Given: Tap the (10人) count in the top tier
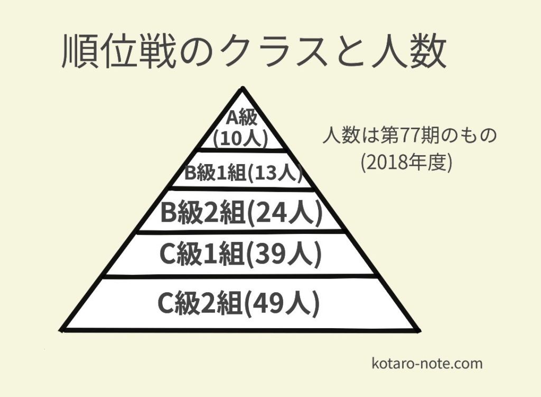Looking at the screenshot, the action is [x=240, y=139].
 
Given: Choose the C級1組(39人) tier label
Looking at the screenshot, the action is [x=240, y=256].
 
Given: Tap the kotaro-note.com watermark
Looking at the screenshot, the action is [x=427, y=364].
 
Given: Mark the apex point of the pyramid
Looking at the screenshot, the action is [x=241, y=88].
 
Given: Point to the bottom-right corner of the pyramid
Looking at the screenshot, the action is [x=419, y=331].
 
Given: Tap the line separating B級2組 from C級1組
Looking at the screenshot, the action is [x=241, y=231].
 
